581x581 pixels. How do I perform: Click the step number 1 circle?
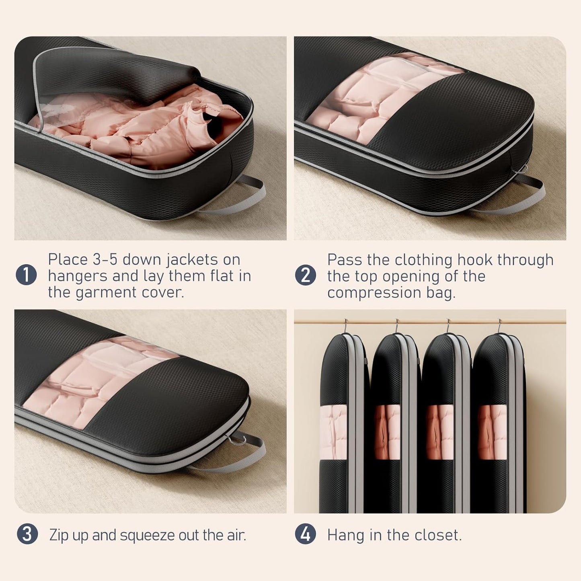[27, 275]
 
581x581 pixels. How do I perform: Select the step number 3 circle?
[27, 534]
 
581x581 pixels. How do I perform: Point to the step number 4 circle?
[306, 534]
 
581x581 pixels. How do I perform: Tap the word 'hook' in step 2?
[475, 259]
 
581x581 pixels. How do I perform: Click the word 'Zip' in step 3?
[59, 536]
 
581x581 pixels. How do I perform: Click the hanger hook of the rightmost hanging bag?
[499, 326]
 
